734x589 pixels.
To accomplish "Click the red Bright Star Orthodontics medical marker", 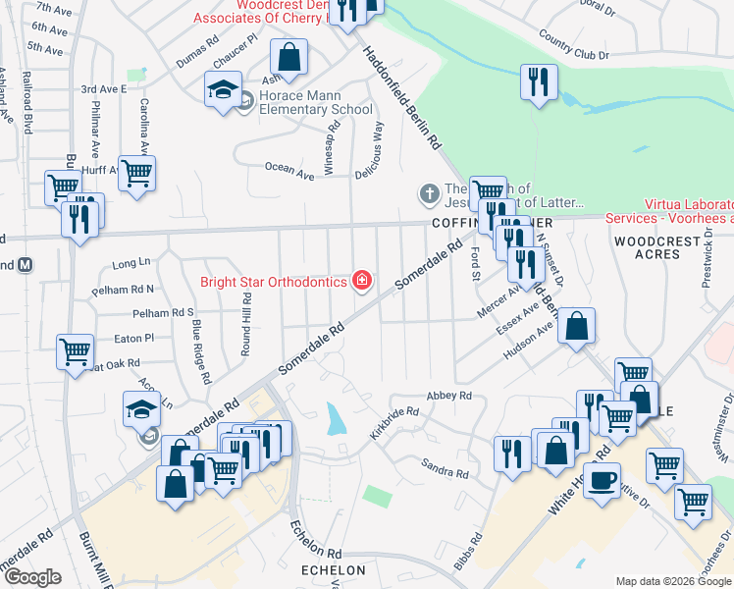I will (x=362, y=282).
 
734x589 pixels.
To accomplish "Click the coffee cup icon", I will (x=602, y=481).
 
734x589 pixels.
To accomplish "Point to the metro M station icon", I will (x=26, y=264).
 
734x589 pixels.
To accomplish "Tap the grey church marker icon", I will (x=429, y=194).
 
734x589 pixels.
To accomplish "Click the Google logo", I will (x=32, y=577).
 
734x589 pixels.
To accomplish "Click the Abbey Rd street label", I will (x=449, y=396).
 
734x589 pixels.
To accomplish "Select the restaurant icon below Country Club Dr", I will (x=537, y=81).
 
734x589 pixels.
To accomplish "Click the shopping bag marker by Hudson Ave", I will (x=577, y=326).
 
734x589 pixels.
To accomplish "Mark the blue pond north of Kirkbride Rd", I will (x=336, y=419).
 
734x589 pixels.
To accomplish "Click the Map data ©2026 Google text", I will (x=672, y=581).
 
